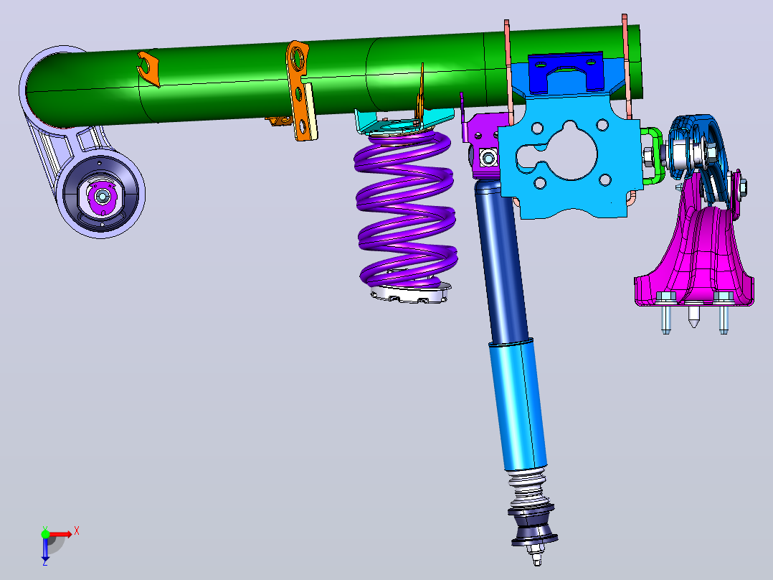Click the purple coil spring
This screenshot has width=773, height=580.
[x=405, y=207]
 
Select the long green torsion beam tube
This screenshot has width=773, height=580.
[x=336, y=79]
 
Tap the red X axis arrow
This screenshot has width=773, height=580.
[x=61, y=534]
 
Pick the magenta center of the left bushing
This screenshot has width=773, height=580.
[x=102, y=197]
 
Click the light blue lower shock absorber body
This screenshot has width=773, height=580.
[x=518, y=404]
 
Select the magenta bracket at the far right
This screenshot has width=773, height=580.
[x=695, y=257]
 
